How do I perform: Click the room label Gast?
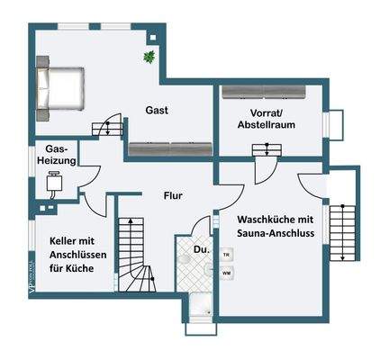pyautogui.click(x=158, y=110)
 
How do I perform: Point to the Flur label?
pyautogui.click(x=174, y=194)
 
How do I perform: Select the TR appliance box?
pyautogui.click(x=227, y=255)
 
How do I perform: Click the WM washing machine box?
pyautogui.click(x=227, y=273)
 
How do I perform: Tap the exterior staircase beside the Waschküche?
pyautogui.click(x=343, y=234)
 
